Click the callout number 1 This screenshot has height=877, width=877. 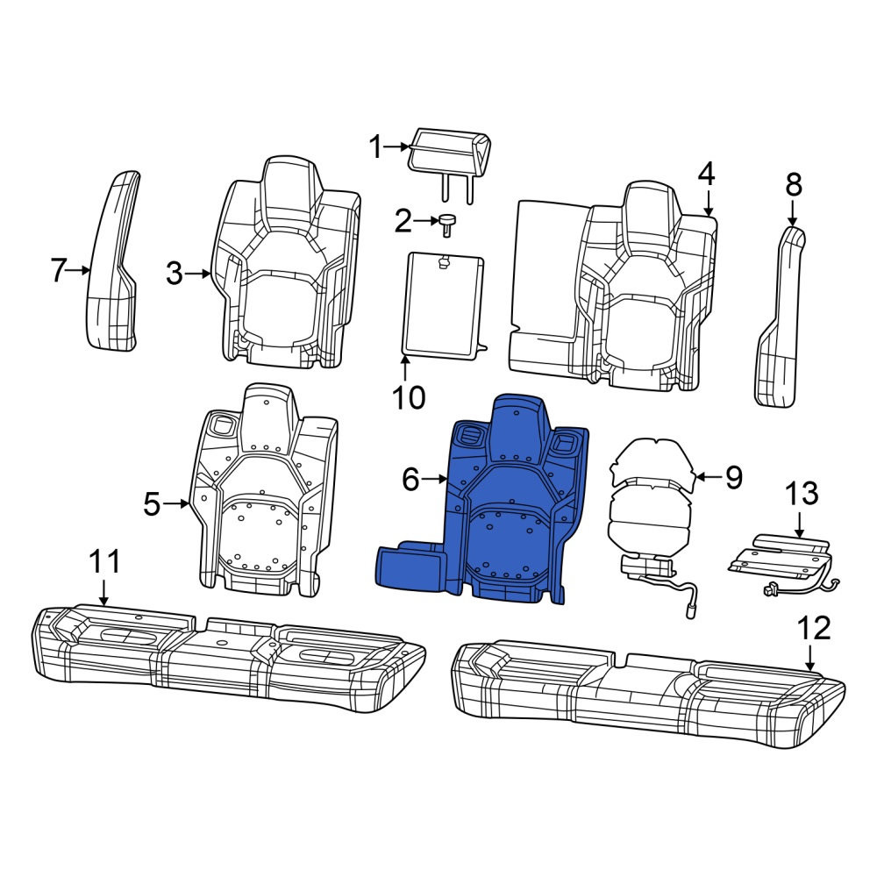tap(375, 147)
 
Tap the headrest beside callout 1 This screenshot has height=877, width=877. tap(450, 163)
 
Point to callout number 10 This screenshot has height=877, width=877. tap(409, 397)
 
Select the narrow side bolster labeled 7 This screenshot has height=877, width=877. tap(113, 261)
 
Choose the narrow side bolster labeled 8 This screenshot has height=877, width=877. tap(779, 316)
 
